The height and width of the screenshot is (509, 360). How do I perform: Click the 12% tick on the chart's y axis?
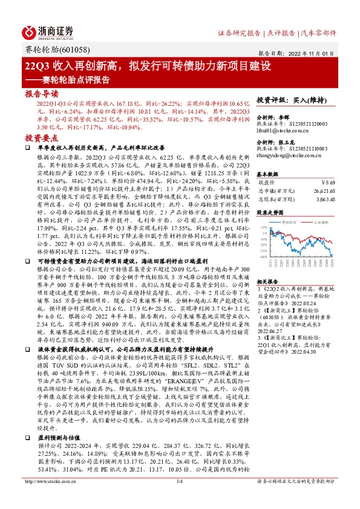click(264, 227)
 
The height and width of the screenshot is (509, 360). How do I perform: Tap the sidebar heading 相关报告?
click(267, 282)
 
